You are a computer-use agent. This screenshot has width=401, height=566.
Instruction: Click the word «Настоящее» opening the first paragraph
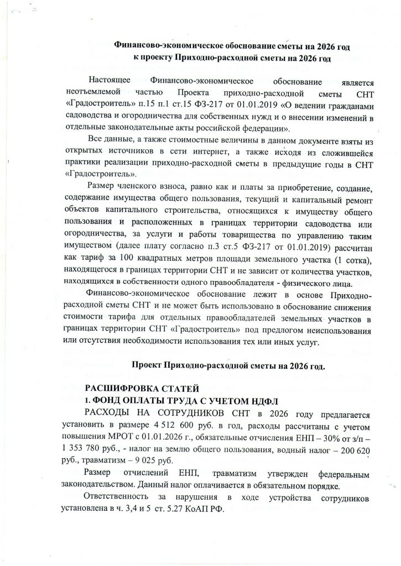[110, 81]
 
